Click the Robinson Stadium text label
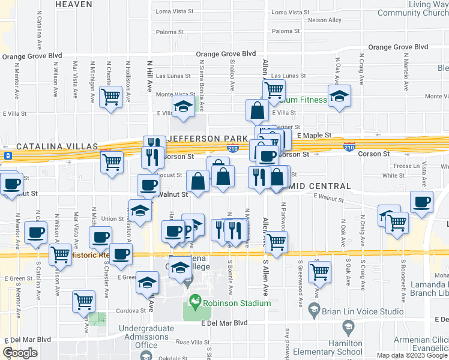[237, 303]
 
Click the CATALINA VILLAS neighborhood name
[56, 146]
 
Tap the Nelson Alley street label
[324, 20]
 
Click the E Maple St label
[313, 136]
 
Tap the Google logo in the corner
[20, 353]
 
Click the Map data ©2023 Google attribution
[412, 355]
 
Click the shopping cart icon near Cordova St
[83, 300]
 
